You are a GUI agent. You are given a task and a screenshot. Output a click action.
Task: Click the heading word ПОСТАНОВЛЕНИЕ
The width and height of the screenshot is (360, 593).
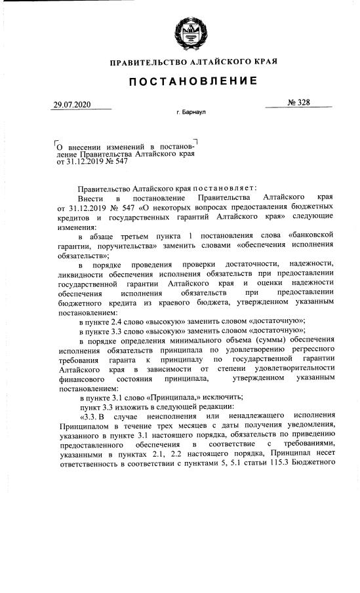pos(193,81)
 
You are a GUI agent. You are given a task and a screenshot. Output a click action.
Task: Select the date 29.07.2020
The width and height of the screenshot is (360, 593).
pos(71,105)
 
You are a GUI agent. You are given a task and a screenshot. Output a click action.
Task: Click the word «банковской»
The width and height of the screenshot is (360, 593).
pos(311,234)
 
